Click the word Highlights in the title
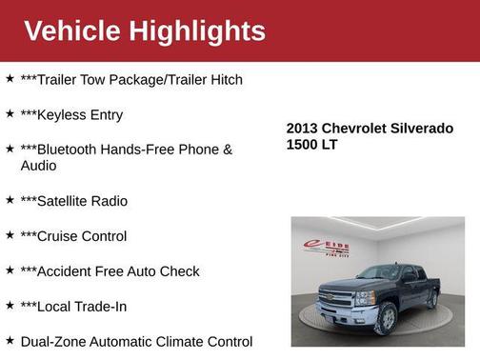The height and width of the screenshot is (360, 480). tap(200, 30)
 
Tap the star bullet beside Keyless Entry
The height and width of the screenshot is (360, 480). tap(10, 114)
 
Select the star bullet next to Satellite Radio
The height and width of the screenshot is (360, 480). tap(10, 200)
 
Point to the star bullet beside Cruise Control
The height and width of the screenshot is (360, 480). tap(10, 235)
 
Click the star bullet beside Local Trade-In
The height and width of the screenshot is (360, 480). tap(10, 306)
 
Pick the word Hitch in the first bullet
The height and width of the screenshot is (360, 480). tap(224, 80)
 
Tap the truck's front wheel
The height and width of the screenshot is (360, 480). tap(386, 317)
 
